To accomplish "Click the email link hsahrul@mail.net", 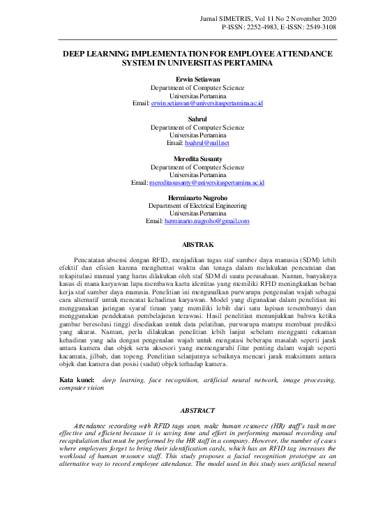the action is tap(206, 143).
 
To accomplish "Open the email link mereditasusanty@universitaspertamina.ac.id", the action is tap(206, 183).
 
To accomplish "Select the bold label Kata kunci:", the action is tap(77, 380).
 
